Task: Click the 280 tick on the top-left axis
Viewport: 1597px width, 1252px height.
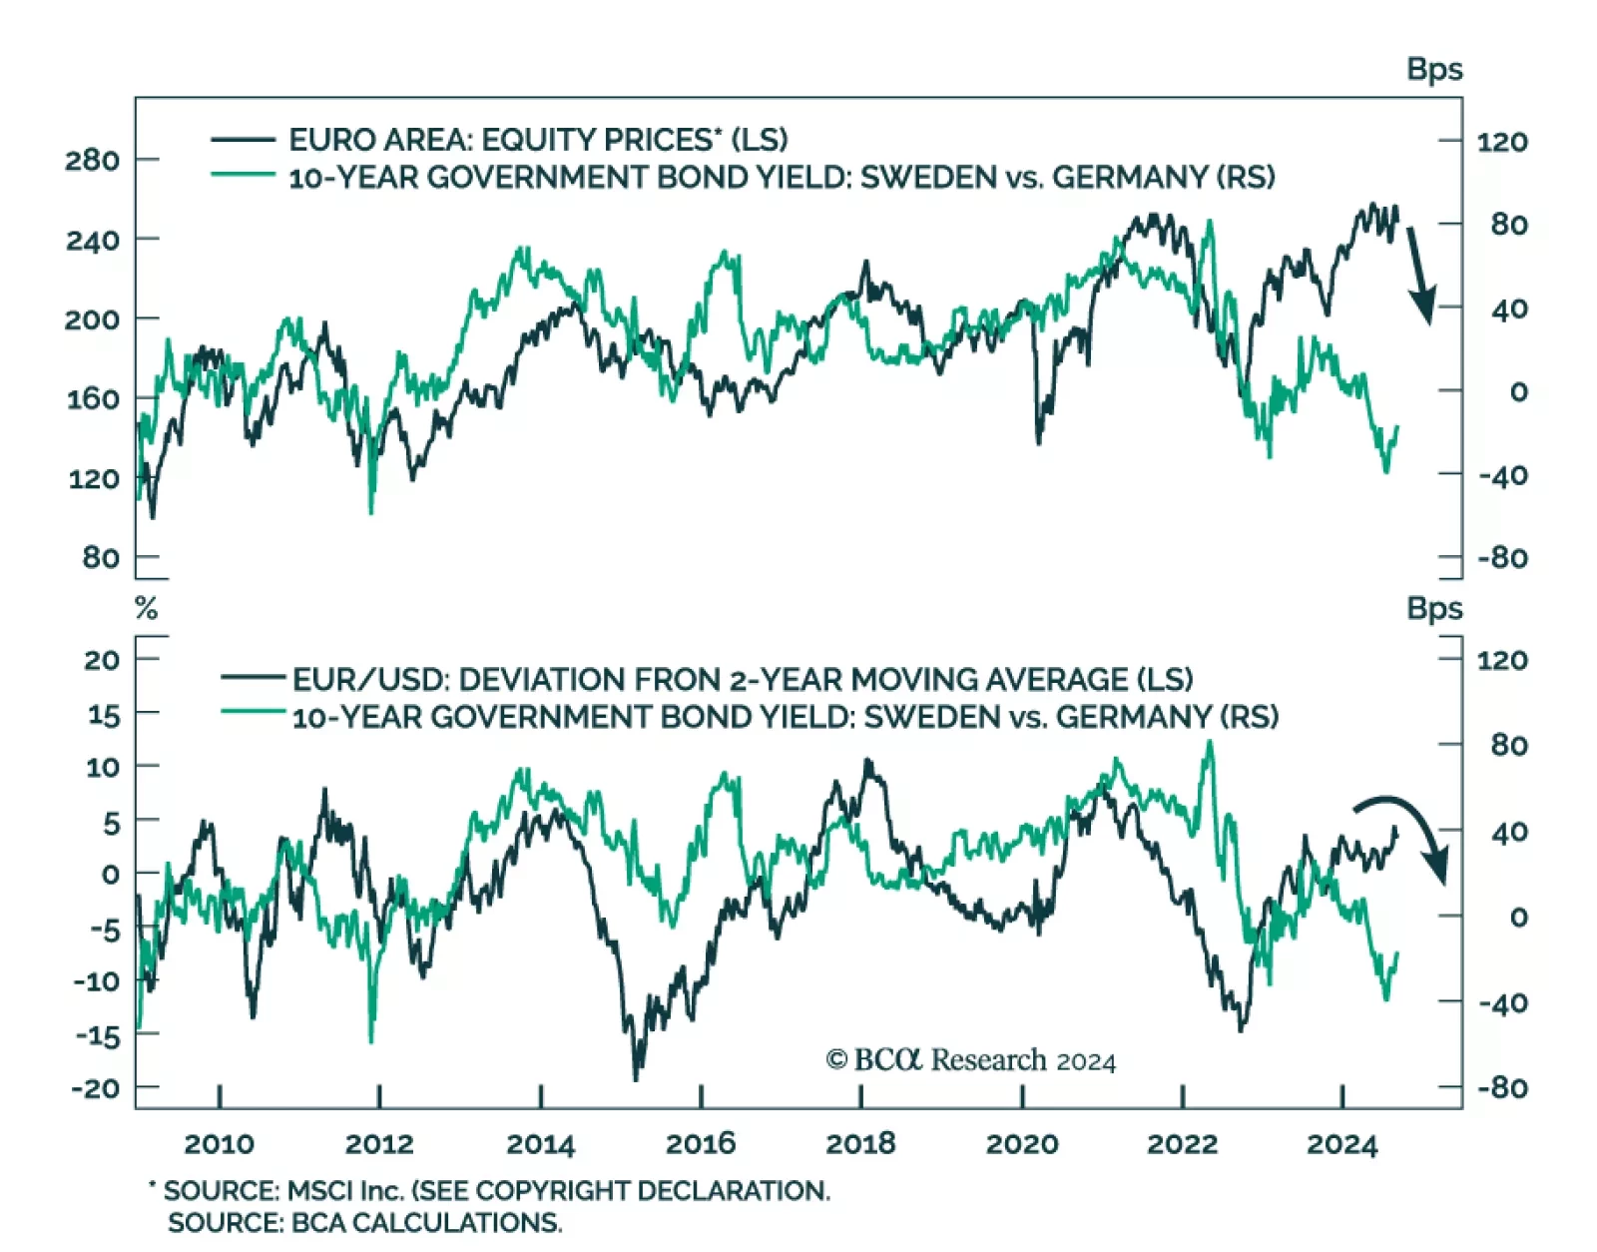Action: click(92, 160)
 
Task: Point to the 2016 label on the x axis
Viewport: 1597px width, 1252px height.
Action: click(701, 1143)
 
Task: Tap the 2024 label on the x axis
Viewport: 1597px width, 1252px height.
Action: click(1342, 1143)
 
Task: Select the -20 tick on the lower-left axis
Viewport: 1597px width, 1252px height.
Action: click(95, 1087)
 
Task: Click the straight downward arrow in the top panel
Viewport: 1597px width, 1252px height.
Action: click(1420, 275)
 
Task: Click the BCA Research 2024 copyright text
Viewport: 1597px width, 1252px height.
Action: click(970, 1059)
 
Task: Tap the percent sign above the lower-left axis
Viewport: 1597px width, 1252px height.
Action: click(147, 608)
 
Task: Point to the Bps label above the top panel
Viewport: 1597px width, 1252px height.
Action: click(1434, 69)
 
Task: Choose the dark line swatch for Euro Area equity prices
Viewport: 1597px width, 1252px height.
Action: click(243, 140)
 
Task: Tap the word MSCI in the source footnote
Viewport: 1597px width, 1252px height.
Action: click(318, 1191)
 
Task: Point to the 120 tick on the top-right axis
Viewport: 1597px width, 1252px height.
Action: click(1502, 142)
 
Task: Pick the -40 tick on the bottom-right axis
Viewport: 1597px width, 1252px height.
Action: click(1503, 1002)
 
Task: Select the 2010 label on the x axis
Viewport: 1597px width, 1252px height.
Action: click(220, 1143)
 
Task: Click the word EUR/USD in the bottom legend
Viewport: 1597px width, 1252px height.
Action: click(370, 680)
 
